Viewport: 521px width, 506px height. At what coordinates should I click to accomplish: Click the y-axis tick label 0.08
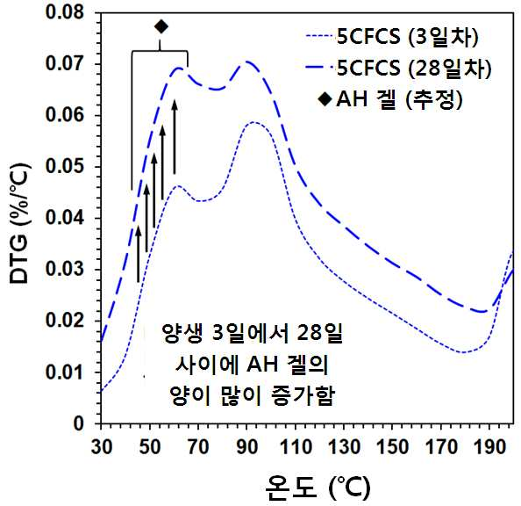(65, 12)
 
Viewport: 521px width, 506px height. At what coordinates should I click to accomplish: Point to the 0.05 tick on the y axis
(65, 166)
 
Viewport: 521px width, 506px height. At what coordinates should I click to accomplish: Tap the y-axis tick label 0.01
(65, 372)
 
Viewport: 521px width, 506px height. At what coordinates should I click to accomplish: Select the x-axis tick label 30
(102, 446)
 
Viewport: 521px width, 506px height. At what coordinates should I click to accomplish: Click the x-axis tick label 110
(296, 446)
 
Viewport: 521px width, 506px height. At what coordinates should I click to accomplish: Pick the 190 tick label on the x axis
(489, 446)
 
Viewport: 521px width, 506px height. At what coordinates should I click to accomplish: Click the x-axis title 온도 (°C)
(318, 487)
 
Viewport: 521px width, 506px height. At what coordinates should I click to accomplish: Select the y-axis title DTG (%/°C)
(20, 223)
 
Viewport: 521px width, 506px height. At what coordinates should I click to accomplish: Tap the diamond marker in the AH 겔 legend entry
(325, 99)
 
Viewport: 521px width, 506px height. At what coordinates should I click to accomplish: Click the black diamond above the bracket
(161, 26)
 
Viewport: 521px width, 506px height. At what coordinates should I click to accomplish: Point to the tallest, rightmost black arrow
(175, 136)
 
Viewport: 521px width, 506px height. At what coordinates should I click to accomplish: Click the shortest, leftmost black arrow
(139, 254)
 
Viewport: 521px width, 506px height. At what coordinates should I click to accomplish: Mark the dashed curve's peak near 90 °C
(246, 61)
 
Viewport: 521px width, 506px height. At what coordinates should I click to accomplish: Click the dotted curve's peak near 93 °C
(253, 122)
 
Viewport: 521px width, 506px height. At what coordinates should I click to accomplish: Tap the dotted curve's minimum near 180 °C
(463, 352)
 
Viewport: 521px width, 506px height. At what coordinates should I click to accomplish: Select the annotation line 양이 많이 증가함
(252, 396)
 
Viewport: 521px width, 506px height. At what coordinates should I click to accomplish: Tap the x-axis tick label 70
(198, 446)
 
